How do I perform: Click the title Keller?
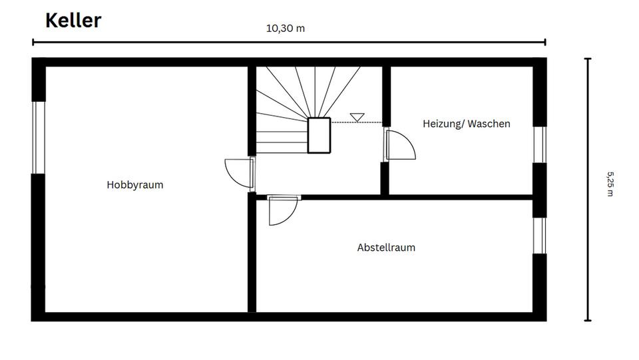tap(73, 20)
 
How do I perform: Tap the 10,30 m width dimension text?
tap(286, 29)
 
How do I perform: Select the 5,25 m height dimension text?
tap(610, 184)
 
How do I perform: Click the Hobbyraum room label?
tap(135, 185)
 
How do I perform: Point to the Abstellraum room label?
tap(386, 248)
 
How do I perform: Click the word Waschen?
tap(489, 124)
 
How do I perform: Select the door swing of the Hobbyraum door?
tap(237, 172)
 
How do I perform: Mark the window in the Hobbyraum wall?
tap(39, 137)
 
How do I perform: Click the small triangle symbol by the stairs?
tap(357, 117)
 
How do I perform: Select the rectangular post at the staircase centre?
tap(319, 135)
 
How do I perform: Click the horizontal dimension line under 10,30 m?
tap(289, 43)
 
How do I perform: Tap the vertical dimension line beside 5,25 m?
tap(587, 190)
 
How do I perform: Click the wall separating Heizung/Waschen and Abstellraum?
tap(459, 197)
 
